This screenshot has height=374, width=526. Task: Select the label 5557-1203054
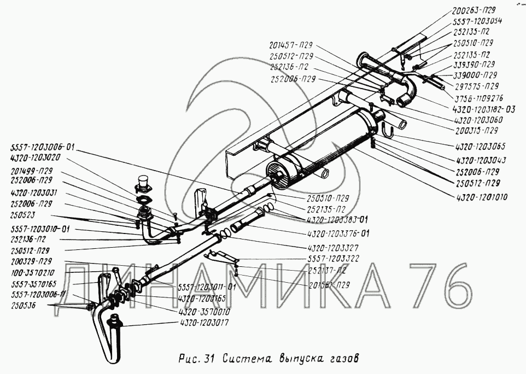point(478,21)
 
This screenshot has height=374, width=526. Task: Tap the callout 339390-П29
point(474,65)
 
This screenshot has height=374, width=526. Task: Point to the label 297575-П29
point(476,86)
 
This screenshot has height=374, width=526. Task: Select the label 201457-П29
point(291,45)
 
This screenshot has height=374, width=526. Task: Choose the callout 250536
point(20,306)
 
